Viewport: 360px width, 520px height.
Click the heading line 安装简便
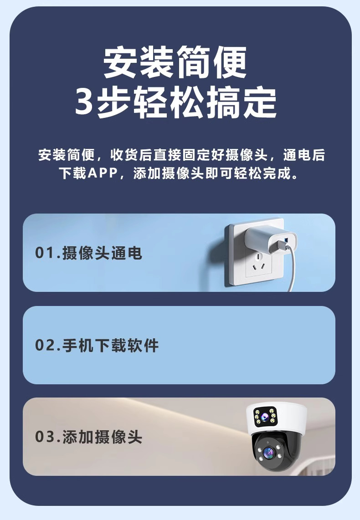175,63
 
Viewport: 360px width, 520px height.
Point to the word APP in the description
103,173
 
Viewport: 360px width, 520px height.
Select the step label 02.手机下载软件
97,345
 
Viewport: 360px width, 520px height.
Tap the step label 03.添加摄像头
88,437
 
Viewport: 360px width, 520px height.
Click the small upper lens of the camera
264,416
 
